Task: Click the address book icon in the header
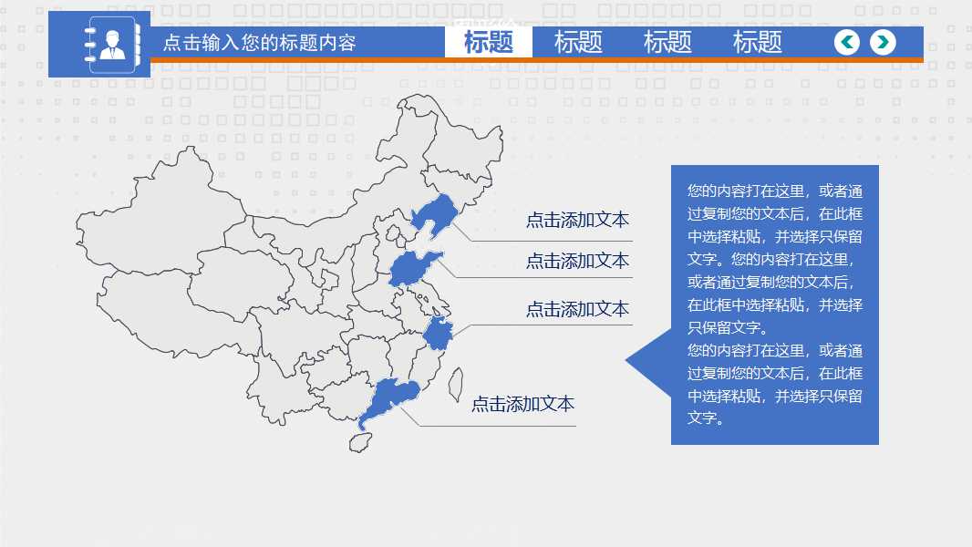(x=111, y=44)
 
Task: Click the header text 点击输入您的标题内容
(x=259, y=43)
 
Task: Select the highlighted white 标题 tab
(x=489, y=42)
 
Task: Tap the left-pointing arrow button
(x=847, y=42)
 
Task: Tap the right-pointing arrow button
(x=883, y=42)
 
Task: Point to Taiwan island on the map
(x=456, y=384)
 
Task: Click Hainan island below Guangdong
(x=360, y=442)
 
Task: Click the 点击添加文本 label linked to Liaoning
(x=577, y=220)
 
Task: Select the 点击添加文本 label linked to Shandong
(x=577, y=261)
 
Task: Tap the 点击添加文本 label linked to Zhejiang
(x=577, y=309)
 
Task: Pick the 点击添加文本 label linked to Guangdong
(x=522, y=404)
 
